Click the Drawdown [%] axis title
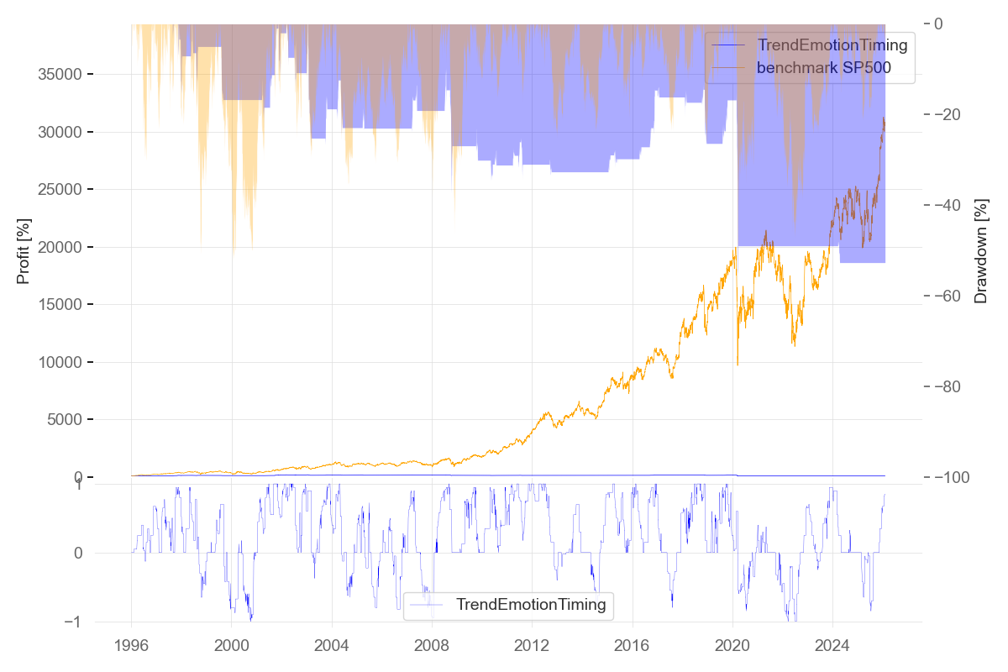(980, 251)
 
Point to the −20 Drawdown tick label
(948, 114)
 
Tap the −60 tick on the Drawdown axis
(948, 296)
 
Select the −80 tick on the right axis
(948, 386)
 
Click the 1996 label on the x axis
(131, 645)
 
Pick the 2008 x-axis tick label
(432, 645)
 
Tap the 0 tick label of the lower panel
(78, 553)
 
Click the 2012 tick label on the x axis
(532, 645)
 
